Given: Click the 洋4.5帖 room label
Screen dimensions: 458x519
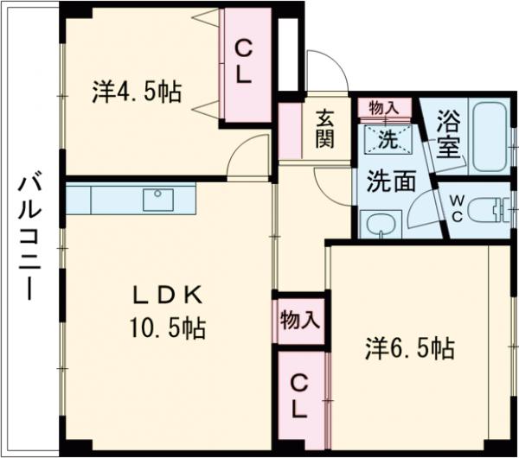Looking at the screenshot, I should pos(137,92).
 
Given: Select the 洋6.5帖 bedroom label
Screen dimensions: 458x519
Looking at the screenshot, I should pos(409,349).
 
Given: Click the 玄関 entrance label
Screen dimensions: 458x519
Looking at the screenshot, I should pos(324,128).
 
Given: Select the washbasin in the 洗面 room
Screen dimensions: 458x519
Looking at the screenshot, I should pos(378,226).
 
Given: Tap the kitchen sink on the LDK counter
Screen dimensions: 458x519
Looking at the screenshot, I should pos(158,199).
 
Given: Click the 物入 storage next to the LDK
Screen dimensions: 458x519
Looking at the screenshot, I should pos(299,320).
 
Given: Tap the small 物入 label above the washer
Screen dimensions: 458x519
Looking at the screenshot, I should pos(384,107).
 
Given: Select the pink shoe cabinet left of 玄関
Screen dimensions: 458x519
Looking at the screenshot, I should pos(289,130).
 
